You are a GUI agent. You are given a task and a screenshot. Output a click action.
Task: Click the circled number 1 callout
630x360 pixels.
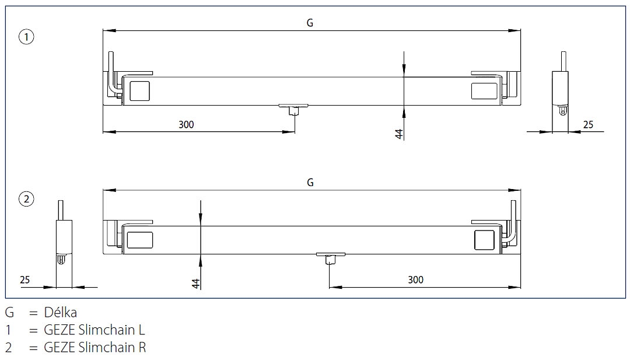point(26,37)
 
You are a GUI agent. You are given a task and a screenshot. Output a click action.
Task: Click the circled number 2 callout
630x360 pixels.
point(26,200)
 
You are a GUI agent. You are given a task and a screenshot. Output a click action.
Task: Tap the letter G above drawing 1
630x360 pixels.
point(310,23)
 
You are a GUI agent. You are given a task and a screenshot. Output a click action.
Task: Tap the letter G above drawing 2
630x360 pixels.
point(310,183)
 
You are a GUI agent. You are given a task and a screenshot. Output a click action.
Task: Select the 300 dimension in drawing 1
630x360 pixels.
point(186,124)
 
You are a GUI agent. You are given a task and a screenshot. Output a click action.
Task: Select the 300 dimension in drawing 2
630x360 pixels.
point(415,280)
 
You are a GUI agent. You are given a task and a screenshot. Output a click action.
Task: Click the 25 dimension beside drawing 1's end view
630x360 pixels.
point(588,124)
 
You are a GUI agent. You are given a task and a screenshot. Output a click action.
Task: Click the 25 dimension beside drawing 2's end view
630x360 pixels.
point(25,280)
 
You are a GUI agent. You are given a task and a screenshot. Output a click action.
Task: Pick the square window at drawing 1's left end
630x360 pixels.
point(139,92)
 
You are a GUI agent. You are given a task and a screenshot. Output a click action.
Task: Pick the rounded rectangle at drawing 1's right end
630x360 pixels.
point(484,91)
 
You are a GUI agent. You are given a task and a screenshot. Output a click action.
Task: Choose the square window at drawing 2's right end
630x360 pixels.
point(484,240)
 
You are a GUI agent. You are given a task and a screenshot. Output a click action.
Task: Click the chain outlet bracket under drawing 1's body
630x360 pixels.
point(294,108)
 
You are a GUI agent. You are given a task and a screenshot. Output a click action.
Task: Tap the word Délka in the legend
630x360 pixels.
point(61,313)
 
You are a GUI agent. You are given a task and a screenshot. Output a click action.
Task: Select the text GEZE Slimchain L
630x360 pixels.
point(94,330)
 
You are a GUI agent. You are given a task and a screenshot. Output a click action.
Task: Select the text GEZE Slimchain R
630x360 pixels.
point(95,348)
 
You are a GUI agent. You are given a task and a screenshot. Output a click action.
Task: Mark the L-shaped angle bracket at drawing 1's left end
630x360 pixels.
point(111,73)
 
